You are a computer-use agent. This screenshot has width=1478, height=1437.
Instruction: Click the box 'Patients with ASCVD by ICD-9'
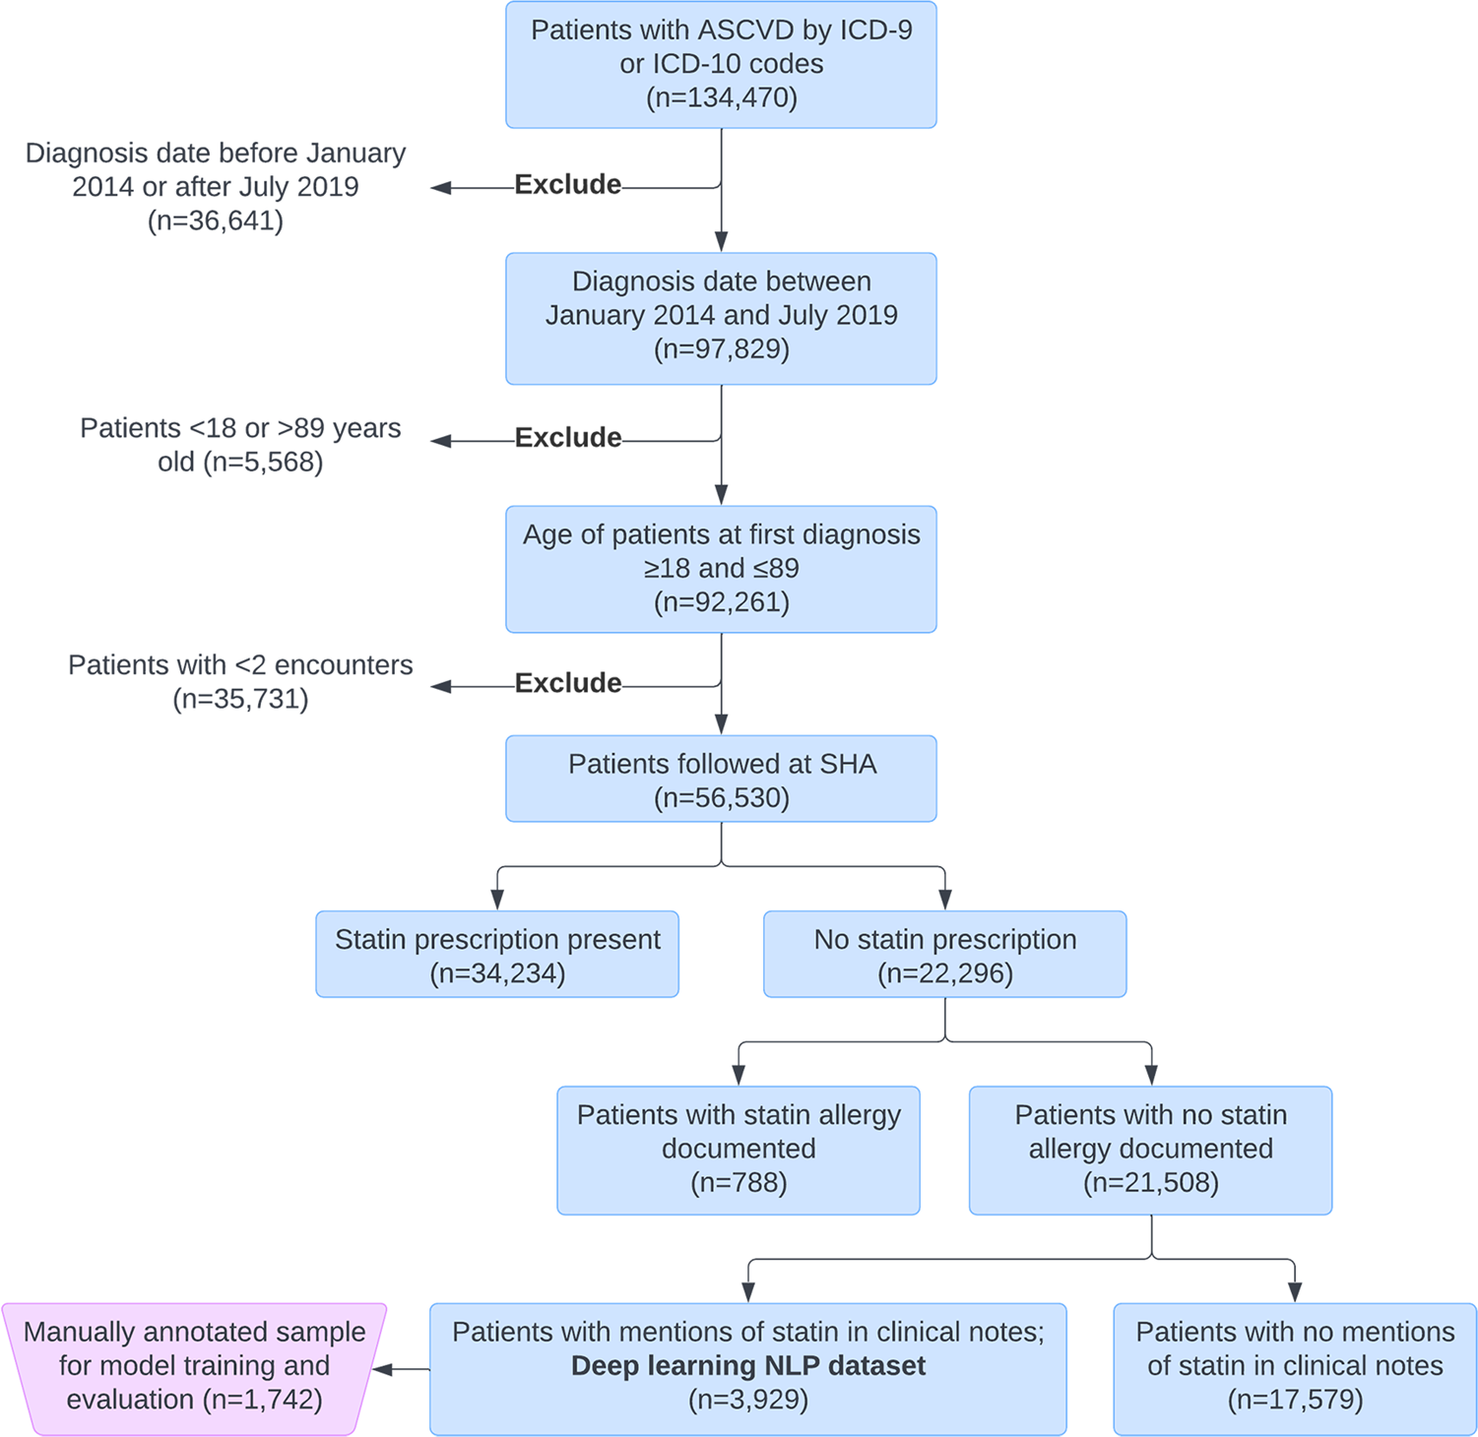pyautogui.click(x=721, y=65)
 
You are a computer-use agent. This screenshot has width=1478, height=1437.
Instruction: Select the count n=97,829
pyautogui.click(x=722, y=349)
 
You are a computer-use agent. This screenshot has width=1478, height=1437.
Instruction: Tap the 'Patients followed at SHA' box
pyautogui.click(x=721, y=779)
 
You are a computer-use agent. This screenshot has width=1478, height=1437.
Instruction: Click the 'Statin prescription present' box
pyautogui.click(x=497, y=954)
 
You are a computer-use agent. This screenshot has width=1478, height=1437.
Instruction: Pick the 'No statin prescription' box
pyautogui.click(x=945, y=954)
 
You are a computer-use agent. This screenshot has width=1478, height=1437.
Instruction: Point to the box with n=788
pyautogui.click(x=739, y=1151)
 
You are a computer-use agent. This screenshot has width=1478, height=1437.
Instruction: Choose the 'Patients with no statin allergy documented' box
pyautogui.click(x=1151, y=1151)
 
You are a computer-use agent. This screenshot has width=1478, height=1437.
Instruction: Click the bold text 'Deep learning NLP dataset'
pyautogui.click(x=748, y=1366)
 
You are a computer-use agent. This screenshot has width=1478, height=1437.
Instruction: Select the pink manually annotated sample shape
pyautogui.click(x=194, y=1369)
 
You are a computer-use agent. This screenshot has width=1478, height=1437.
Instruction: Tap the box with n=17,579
pyautogui.click(x=1295, y=1369)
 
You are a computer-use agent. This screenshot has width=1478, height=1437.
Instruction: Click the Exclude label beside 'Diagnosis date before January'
pyautogui.click(x=568, y=185)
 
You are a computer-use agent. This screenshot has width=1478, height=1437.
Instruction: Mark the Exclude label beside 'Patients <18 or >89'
pyautogui.click(x=568, y=438)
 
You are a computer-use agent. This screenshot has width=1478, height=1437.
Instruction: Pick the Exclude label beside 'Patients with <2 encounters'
pyautogui.click(x=568, y=683)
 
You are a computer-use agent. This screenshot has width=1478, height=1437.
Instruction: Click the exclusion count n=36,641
pyautogui.click(x=216, y=220)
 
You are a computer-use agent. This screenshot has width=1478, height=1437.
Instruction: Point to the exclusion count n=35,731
pyautogui.click(x=241, y=699)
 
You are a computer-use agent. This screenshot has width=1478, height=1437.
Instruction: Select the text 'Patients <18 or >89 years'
pyautogui.click(x=240, y=428)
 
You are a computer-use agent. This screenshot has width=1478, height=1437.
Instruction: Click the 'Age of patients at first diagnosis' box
pyautogui.click(x=721, y=569)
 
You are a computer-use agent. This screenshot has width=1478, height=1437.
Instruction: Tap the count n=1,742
pyautogui.click(x=263, y=1400)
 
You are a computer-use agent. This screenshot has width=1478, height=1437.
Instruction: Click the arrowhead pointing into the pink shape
pyautogui.click(x=383, y=1369)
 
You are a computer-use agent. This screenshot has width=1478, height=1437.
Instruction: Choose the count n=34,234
pyautogui.click(x=497, y=974)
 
